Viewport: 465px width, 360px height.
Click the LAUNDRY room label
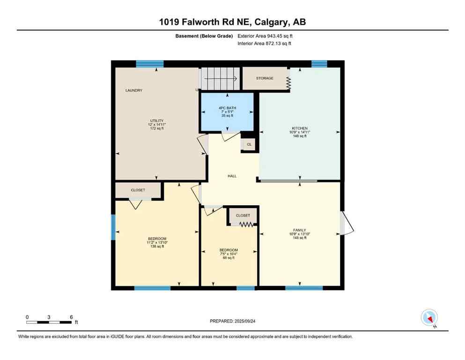[x=133, y=90]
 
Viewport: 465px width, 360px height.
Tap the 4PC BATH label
[x=227, y=108]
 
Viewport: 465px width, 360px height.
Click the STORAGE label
[x=265, y=78]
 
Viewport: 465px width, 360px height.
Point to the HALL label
[x=232, y=176]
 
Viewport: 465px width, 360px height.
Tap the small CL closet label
[x=249, y=144]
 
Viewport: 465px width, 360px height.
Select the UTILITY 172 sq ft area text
[x=156, y=128]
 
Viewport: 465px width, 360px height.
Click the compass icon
[x=429, y=318]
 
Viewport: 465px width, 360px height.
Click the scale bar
[x=49, y=322]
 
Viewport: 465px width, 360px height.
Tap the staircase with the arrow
[x=220, y=78]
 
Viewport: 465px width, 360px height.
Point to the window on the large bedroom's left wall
[x=113, y=227]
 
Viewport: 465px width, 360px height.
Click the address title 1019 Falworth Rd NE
[x=232, y=22]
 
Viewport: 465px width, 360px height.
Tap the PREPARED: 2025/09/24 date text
[x=232, y=321]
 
